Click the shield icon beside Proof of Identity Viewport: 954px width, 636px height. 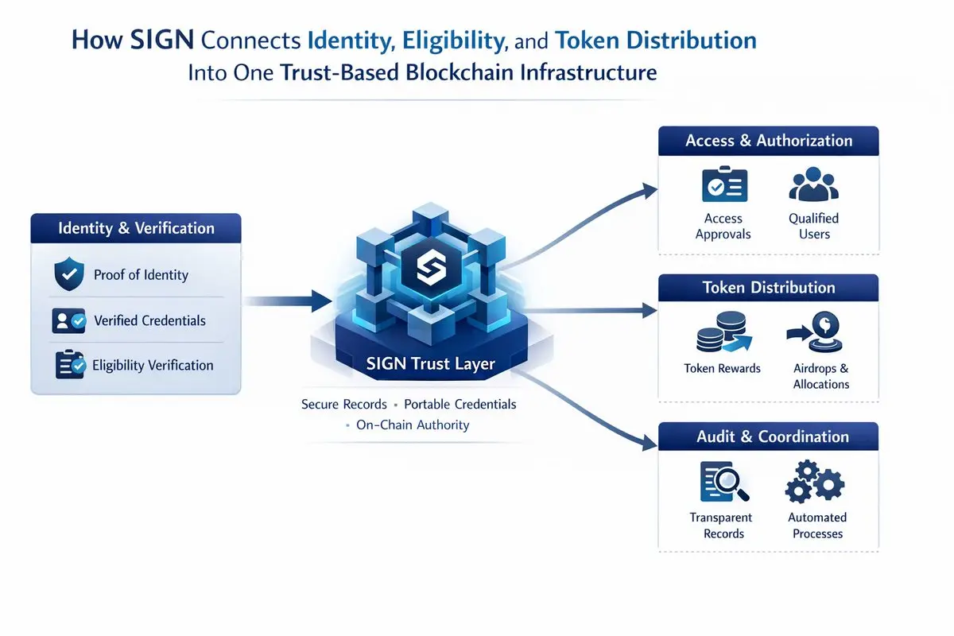(68, 275)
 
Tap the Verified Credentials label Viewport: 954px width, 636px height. (149, 320)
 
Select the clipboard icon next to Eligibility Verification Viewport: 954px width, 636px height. (68, 365)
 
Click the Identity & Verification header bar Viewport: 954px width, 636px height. (136, 228)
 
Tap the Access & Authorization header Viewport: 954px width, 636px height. (769, 141)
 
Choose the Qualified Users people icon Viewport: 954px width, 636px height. (813, 184)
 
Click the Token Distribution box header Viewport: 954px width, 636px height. (769, 288)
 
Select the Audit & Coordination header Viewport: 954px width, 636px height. (769, 436)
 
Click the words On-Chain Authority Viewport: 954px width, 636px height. (413, 425)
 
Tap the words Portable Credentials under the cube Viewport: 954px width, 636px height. (460, 404)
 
